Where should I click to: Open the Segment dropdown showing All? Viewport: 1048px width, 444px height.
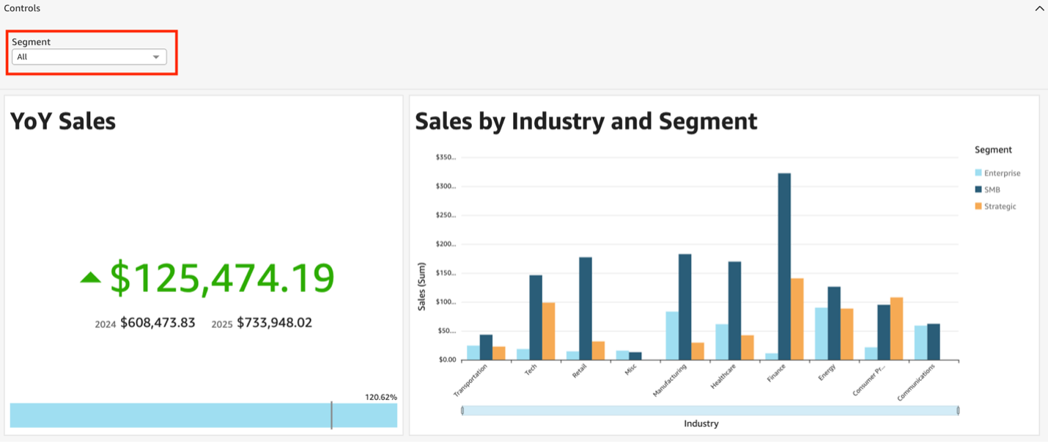pos(89,57)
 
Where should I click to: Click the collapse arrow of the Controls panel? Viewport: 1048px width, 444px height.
pos(1039,9)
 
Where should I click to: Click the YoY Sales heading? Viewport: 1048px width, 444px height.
pos(63,121)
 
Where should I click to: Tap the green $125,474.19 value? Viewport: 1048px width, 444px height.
pos(222,278)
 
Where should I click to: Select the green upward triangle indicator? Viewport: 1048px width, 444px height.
pos(90,277)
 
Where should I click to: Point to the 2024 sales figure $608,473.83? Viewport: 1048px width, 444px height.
pos(158,323)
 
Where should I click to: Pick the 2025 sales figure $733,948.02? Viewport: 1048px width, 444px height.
pos(274,323)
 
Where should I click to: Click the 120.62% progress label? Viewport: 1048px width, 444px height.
pos(380,397)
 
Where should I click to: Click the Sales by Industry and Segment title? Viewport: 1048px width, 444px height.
pos(586,121)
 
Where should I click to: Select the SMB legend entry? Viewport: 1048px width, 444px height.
pos(992,189)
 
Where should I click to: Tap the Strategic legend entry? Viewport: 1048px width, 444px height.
pos(1000,206)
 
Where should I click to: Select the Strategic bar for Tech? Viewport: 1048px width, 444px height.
pos(548,331)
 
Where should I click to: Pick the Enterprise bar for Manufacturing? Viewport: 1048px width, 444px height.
pos(672,335)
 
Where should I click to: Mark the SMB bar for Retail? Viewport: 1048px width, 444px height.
pos(586,308)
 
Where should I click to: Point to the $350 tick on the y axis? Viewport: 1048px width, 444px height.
pos(446,157)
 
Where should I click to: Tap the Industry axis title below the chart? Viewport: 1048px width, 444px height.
pos(701,423)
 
